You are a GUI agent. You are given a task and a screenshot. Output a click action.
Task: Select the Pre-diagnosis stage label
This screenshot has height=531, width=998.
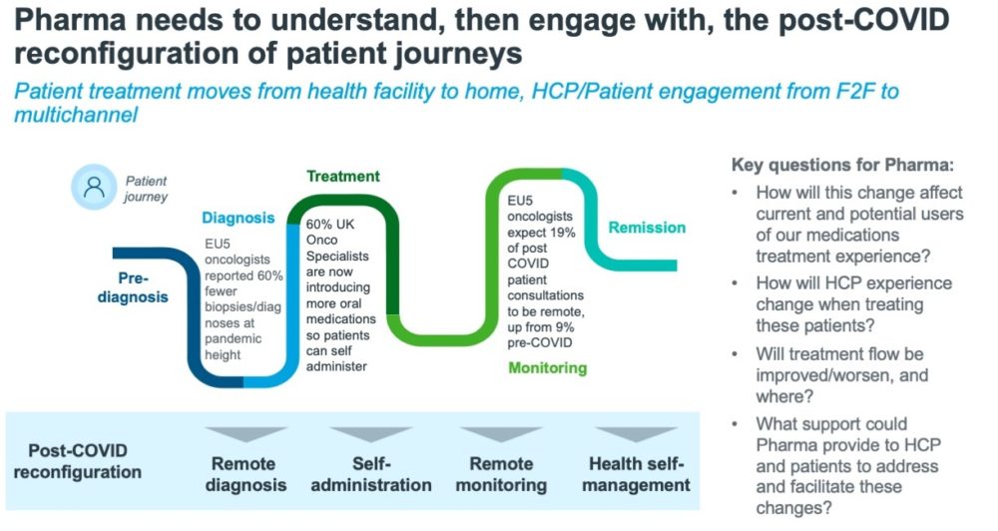133,287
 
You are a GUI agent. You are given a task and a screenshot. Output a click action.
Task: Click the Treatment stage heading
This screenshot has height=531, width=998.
343,176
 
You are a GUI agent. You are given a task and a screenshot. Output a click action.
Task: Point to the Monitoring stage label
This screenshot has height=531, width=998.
548,368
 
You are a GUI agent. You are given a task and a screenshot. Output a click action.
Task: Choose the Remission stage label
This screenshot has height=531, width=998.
647,228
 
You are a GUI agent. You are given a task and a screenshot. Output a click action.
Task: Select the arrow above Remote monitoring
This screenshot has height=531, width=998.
501,435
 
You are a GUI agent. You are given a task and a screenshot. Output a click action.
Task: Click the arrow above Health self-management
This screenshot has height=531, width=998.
638,435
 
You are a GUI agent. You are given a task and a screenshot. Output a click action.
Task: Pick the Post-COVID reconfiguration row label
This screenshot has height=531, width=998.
78,461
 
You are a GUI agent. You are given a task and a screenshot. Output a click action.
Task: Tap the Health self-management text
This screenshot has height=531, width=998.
638,474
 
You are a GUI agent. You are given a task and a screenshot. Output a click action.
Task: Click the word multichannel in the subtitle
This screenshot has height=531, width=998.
76,116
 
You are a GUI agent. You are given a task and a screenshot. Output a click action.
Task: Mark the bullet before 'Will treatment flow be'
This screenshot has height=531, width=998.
736,353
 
